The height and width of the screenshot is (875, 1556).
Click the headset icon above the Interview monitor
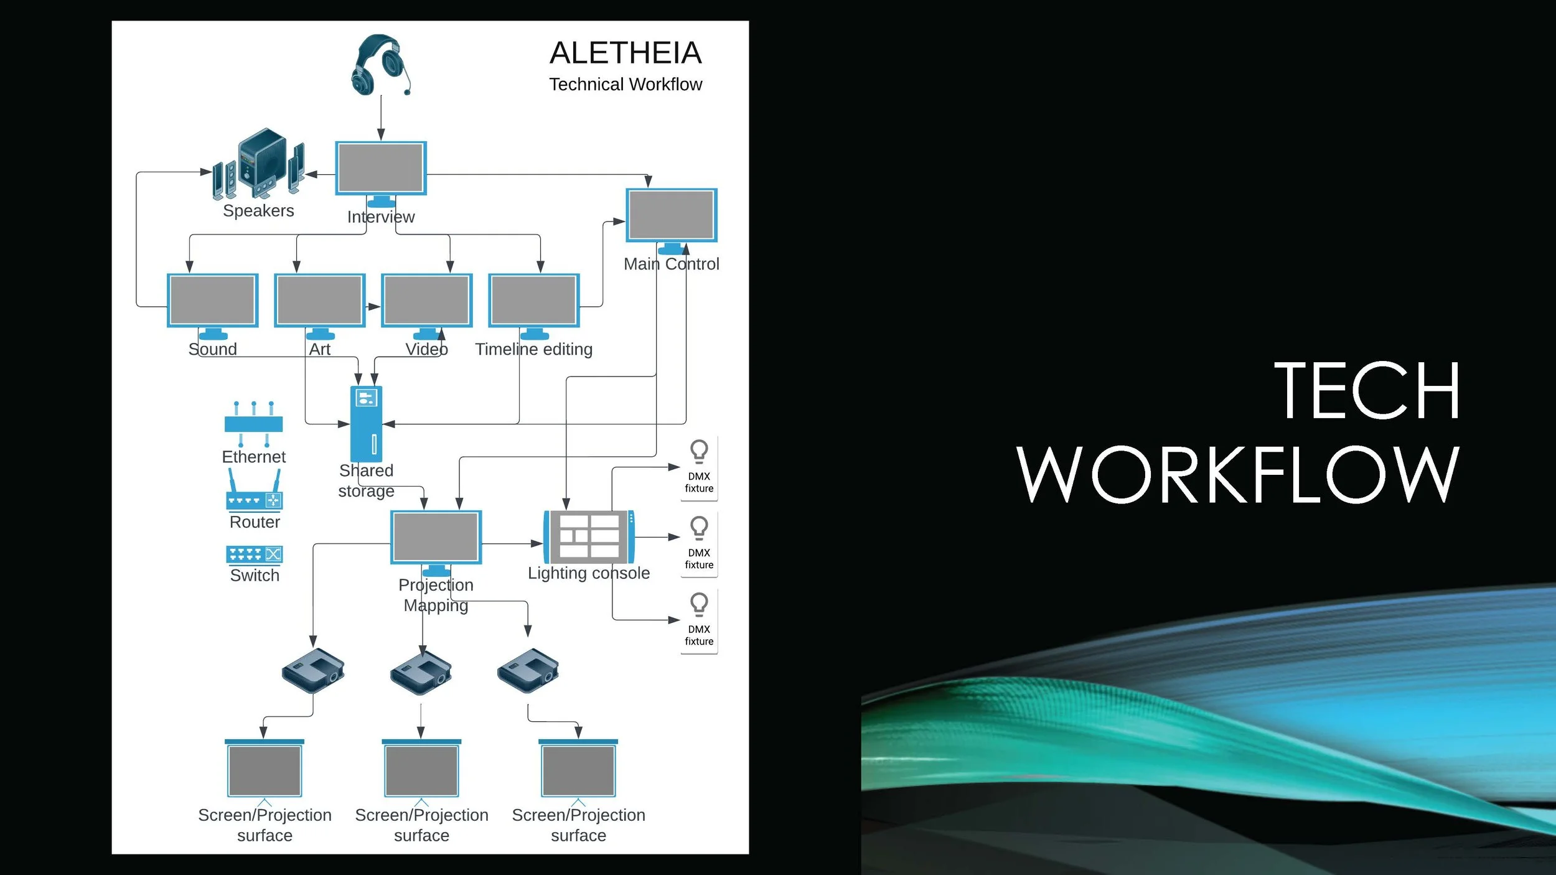coord(380,65)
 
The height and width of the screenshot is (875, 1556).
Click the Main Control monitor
coord(672,215)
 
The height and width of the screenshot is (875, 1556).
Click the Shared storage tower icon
coord(366,423)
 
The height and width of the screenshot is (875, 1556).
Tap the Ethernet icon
coord(253,424)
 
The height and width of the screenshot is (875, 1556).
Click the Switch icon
coord(254,554)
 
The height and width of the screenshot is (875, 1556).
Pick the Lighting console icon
coord(589,536)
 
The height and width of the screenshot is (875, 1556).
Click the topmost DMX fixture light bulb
coord(699,451)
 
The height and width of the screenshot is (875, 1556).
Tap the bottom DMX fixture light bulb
coord(699,604)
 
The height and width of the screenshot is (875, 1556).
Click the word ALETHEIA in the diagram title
coord(626,53)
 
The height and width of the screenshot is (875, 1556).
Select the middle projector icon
coord(421,672)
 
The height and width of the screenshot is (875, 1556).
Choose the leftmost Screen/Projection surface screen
coord(265,770)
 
